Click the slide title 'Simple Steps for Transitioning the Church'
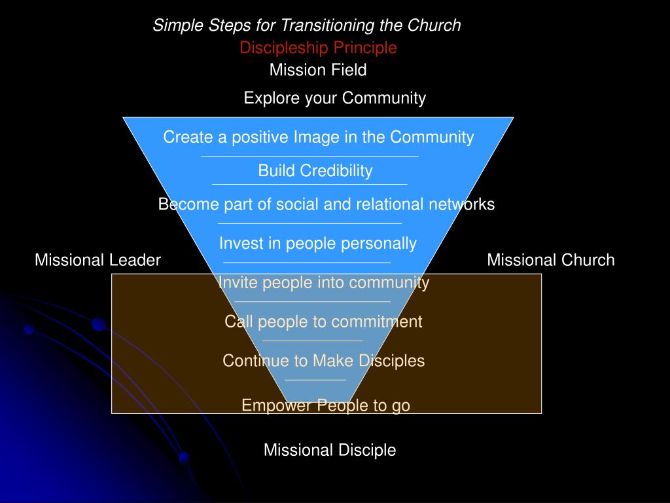pos(307,26)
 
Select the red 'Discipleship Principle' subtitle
pos(318,48)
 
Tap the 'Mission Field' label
pos(318,69)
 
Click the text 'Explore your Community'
pos(334,98)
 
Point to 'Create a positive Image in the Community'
pos(318,137)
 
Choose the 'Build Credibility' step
pos(315,171)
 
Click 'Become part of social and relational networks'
pos(326,204)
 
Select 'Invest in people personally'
pos(317,244)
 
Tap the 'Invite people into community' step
pos(323,282)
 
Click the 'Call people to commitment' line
pos(323,322)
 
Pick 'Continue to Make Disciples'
pos(323,361)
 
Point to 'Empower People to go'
pos(325,405)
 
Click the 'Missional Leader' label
pos(97,260)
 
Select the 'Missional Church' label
pos(550,260)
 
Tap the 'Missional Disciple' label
pos(330,450)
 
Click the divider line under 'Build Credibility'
pos(309,184)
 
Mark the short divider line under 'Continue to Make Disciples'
pos(315,379)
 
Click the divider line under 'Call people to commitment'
pos(312,341)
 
